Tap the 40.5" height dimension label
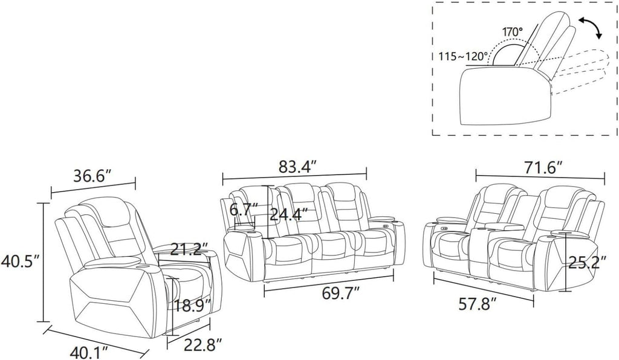pos(20,261)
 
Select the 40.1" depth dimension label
pos(89,350)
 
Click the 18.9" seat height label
pos(192,306)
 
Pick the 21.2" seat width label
pos(189,249)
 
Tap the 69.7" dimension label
pos(341,294)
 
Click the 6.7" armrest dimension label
pos(244,210)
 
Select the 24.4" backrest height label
pos(288,214)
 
